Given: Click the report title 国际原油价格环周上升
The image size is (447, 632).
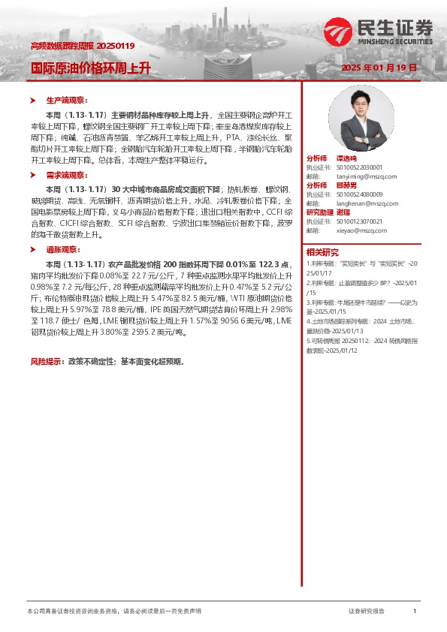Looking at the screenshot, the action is (x=90, y=68).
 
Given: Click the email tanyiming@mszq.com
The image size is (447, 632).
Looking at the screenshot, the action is (x=352, y=176).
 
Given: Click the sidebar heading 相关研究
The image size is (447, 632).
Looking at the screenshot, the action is (x=322, y=252).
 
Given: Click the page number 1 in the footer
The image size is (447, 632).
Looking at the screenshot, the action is (x=415, y=612).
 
